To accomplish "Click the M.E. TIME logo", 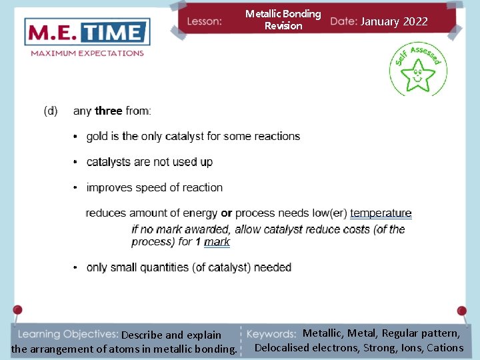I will point(87,33).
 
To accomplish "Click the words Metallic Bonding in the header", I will point(283,14).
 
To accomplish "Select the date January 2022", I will point(394,21).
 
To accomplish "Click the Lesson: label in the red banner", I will point(205,21).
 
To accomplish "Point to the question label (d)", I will point(51,111).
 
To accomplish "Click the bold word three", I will point(109,111).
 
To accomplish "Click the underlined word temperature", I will point(381,213).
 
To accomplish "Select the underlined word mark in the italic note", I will point(217,242).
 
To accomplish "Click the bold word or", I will point(227,213).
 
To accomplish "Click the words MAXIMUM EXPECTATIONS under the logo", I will point(87,53).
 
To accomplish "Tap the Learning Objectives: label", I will point(67,334).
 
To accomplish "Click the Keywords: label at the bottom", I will point(271,334).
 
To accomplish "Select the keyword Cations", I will point(445,347).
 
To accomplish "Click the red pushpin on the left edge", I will point(17,311).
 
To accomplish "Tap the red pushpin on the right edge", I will point(461,311).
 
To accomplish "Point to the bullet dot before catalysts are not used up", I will point(77,163).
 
